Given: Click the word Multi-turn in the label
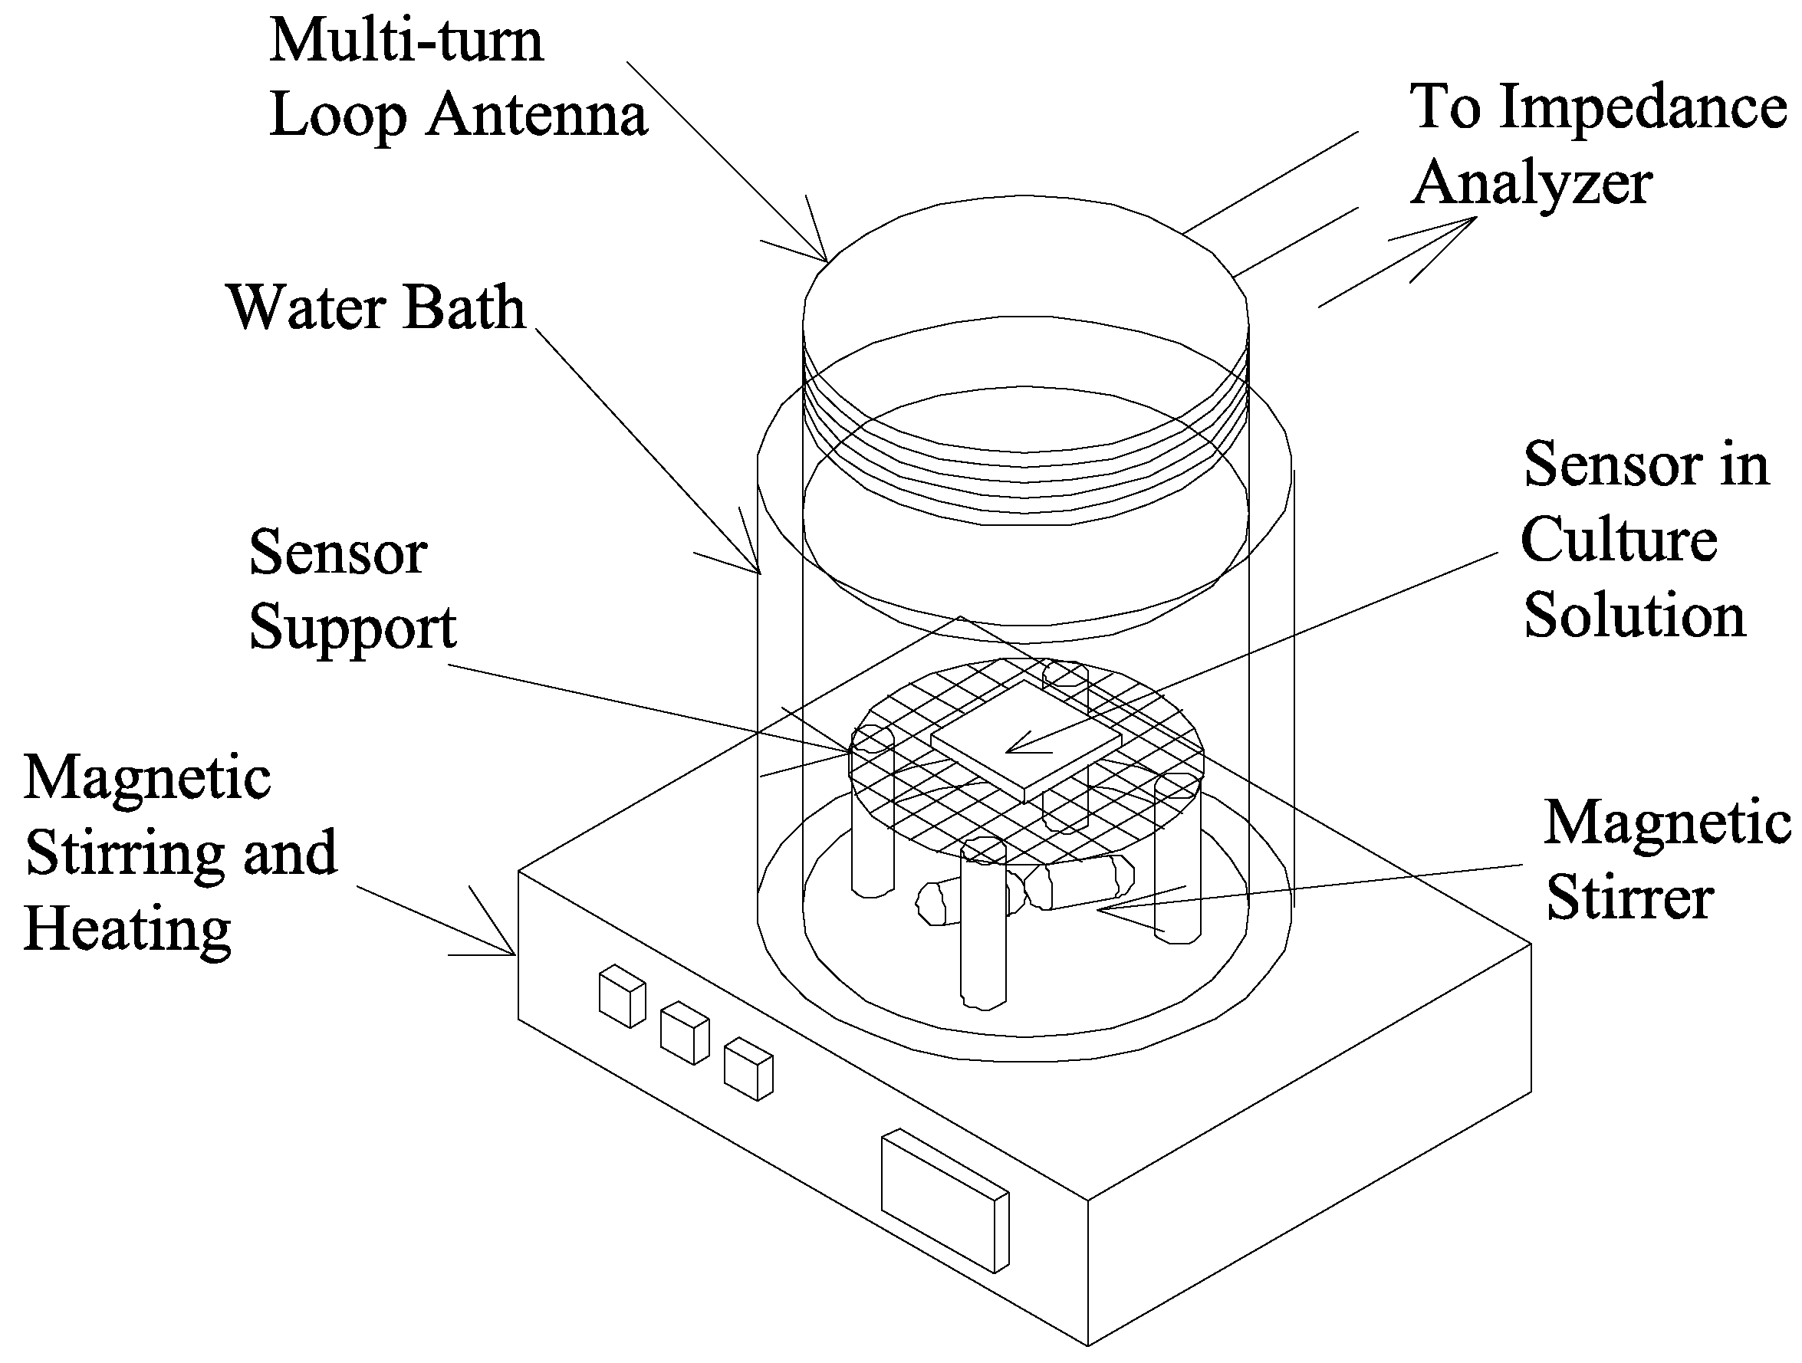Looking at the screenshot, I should [406, 41].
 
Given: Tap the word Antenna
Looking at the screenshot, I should [538, 116].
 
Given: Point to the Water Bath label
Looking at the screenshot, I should [377, 307].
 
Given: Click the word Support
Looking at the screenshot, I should [352, 629].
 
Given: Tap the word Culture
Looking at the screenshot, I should [1619, 540].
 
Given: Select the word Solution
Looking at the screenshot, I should [1634, 616].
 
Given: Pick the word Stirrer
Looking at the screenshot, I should [1629, 897].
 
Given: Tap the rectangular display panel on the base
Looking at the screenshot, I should [945, 1200].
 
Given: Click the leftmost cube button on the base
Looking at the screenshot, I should [622, 997].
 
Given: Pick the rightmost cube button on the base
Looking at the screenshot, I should [748, 1069].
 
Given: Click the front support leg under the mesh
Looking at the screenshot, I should [983, 928].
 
